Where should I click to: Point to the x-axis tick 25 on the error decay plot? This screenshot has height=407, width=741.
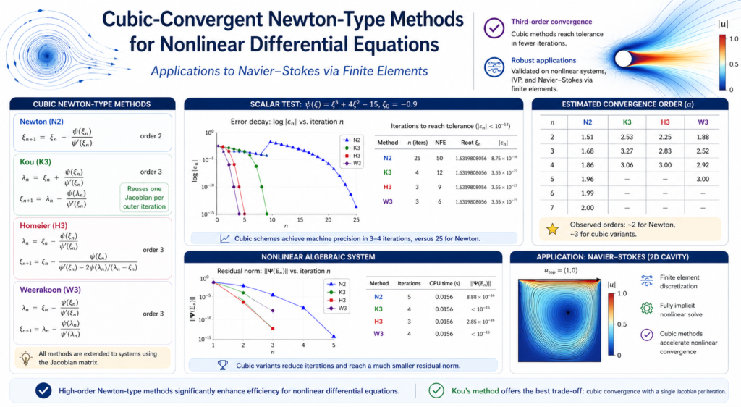[356, 219]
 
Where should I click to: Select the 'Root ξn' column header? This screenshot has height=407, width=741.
[465, 143]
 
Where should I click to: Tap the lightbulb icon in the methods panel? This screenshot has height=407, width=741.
[25, 356]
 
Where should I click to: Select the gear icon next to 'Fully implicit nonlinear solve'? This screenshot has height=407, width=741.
[648, 308]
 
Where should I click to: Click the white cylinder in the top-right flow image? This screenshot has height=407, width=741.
[624, 57]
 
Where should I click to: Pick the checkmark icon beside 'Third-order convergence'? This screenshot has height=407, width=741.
[494, 28]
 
